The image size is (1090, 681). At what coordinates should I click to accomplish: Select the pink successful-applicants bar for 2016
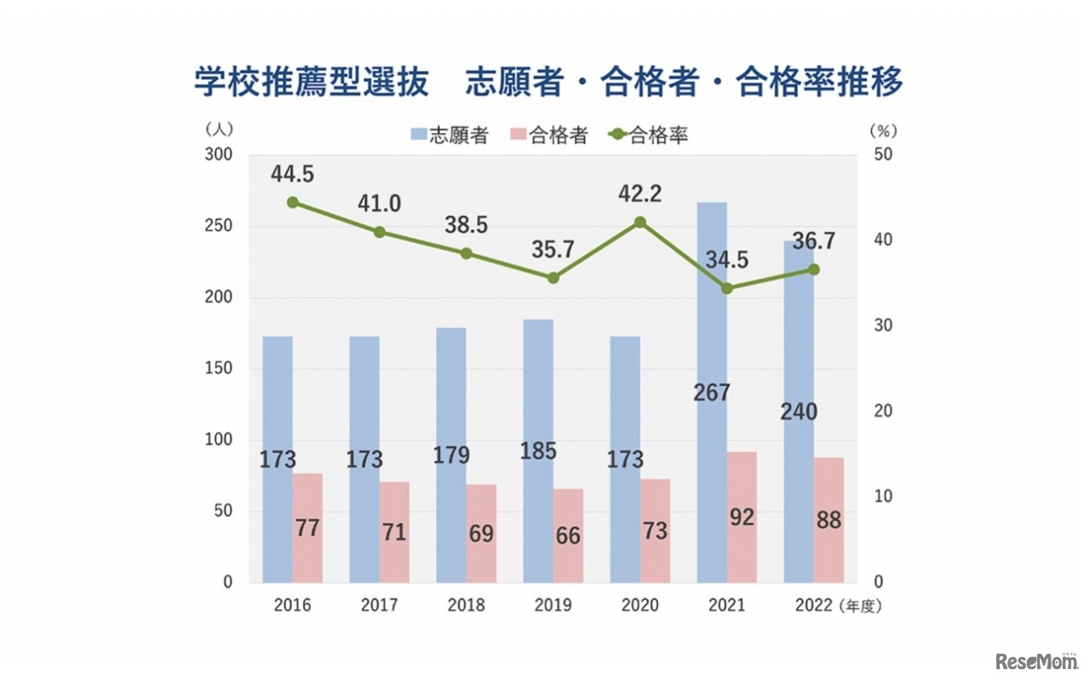[x=307, y=528]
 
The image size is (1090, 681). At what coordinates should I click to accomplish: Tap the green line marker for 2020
[x=640, y=222]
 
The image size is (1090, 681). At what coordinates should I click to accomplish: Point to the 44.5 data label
[x=292, y=174]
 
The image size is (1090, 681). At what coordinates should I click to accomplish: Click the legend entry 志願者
[x=449, y=135]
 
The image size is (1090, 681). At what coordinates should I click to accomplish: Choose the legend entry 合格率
[x=649, y=135]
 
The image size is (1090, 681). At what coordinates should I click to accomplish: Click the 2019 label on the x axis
[x=553, y=606]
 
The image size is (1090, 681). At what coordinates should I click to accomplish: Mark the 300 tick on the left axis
[x=220, y=155]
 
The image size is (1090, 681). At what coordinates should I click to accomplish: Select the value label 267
[x=712, y=392]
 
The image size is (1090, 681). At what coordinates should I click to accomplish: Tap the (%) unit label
[x=883, y=130]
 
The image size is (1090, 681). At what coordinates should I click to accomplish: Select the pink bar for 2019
[x=568, y=536]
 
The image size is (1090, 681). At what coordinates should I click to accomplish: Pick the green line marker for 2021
[x=726, y=288]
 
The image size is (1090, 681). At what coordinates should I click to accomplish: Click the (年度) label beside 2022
[x=861, y=607]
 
